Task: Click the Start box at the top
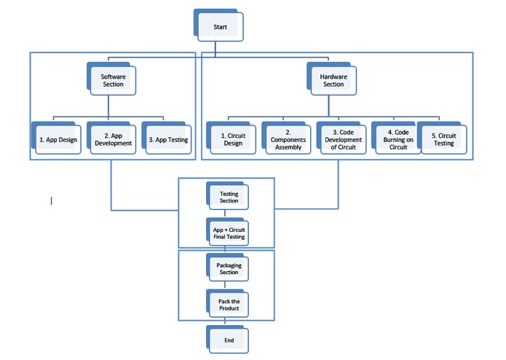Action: point(220,28)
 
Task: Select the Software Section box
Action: point(113,80)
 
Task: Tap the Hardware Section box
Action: point(333,80)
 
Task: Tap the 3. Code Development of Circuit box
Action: point(343,139)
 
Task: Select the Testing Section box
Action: point(229,197)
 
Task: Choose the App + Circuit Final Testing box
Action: point(229,233)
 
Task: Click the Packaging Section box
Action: point(229,268)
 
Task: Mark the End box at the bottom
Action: point(229,340)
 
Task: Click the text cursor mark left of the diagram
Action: point(51,200)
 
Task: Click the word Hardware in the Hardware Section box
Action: point(333,76)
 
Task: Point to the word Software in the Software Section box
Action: point(113,76)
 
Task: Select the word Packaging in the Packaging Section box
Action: point(229,265)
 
